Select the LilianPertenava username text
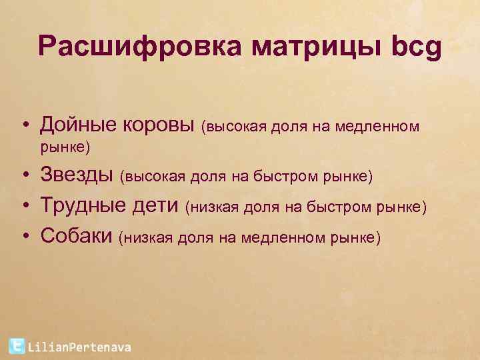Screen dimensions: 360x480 80,347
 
